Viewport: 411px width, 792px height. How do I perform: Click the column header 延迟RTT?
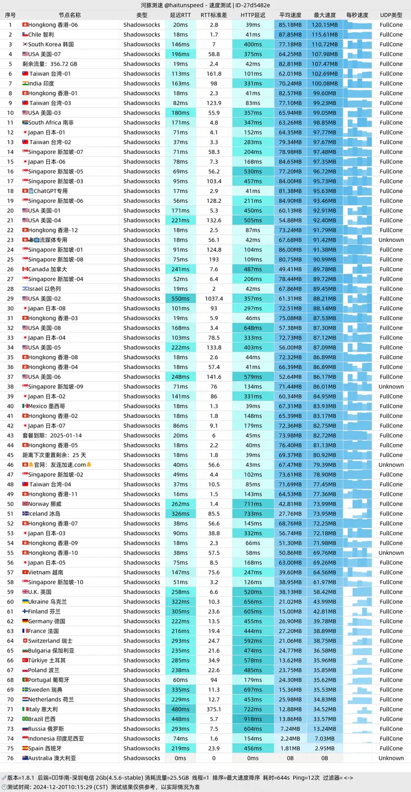[180, 15]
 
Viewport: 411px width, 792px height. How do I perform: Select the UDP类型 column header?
[391, 15]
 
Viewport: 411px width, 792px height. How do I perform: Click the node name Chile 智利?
[41, 34]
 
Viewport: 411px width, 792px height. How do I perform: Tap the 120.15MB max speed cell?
[325, 25]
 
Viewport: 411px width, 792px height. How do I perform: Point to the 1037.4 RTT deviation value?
[214, 298]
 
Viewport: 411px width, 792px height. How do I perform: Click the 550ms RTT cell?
[181, 298]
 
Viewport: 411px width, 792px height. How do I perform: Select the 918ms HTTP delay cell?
[253, 719]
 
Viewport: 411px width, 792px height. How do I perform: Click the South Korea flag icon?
[25, 44]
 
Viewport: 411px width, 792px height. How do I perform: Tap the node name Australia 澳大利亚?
[52, 758]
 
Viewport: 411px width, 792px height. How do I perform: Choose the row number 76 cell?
[10, 758]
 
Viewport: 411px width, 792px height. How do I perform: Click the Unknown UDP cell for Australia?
[391, 758]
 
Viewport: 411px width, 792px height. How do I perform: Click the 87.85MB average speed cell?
[290, 34]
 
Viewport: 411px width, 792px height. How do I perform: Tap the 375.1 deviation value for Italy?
[214, 709]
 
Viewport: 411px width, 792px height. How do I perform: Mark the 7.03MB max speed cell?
[325, 739]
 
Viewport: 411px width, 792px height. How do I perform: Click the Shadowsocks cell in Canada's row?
[142, 269]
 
